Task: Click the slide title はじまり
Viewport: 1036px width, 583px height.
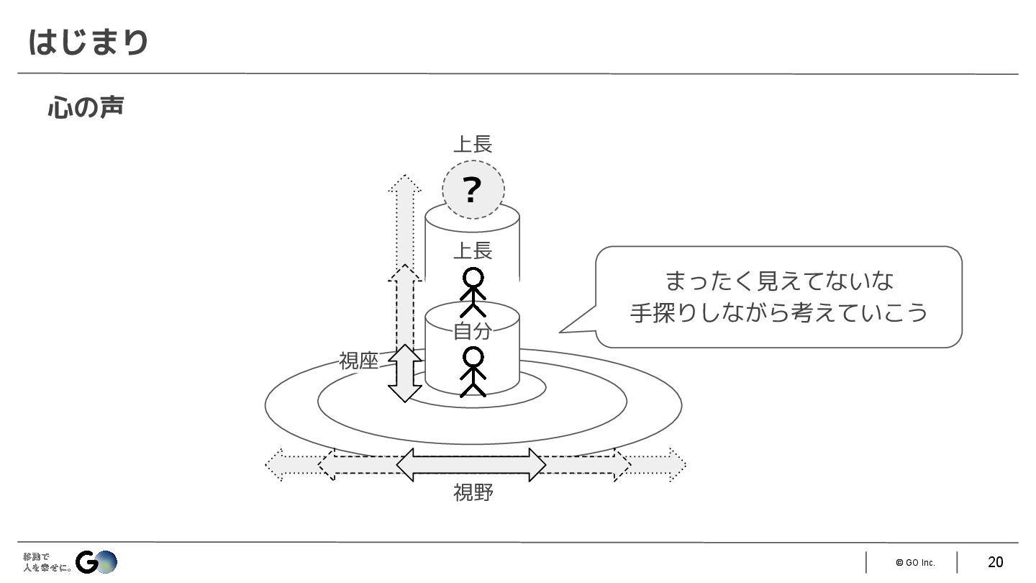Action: coord(88,42)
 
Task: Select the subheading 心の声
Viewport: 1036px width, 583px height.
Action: coord(85,107)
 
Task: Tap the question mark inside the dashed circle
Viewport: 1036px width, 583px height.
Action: coord(472,191)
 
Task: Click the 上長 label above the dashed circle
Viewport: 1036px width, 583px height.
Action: coord(472,145)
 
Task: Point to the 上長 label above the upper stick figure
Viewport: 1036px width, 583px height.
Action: coord(472,251)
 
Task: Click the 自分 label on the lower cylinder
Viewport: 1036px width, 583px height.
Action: coord(472,331)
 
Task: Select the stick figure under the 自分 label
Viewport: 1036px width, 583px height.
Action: coord(473,371)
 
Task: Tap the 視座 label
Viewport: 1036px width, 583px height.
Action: coord(358,361)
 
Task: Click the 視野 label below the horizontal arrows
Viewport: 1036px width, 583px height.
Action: coord(473,493)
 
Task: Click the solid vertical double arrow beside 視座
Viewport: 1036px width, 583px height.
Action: coord(405,373)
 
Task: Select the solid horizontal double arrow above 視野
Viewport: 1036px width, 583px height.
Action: coord(471,465)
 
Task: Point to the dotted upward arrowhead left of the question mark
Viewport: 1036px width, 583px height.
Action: coord(404,184)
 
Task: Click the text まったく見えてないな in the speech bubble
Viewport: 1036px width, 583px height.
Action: coord(778,281)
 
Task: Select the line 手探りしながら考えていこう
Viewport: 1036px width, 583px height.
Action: coord(778,313)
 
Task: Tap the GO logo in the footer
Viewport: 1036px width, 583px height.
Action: coord(96,561)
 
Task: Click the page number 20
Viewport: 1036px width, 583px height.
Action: coord(995,562)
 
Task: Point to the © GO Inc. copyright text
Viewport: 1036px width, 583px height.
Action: coord(915,563)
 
